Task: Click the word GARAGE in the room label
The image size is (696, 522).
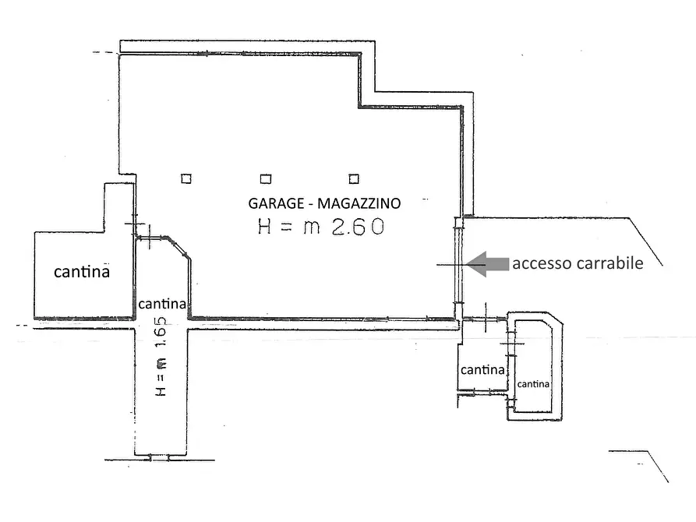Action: click(275, 203)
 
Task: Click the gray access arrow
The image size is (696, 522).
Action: click(486, 264)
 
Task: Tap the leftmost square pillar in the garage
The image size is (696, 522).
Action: click(186, 178)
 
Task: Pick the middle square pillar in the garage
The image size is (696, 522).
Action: click(266, 178)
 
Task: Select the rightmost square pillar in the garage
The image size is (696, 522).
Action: click(355, 178)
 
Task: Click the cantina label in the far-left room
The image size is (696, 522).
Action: click(81, 272)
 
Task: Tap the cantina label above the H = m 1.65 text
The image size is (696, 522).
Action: click(162, 303)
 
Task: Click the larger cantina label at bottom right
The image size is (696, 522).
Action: click(482, 370)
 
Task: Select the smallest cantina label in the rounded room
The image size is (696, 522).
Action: click(534, 384)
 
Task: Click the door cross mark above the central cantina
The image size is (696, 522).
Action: click(150, 236)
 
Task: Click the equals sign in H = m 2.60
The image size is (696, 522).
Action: click(288, 227)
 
